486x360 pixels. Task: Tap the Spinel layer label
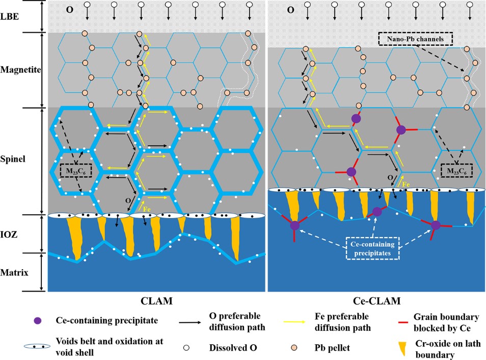13,159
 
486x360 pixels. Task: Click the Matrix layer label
15,272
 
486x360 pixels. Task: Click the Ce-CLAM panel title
376,300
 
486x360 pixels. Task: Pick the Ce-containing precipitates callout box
373,247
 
